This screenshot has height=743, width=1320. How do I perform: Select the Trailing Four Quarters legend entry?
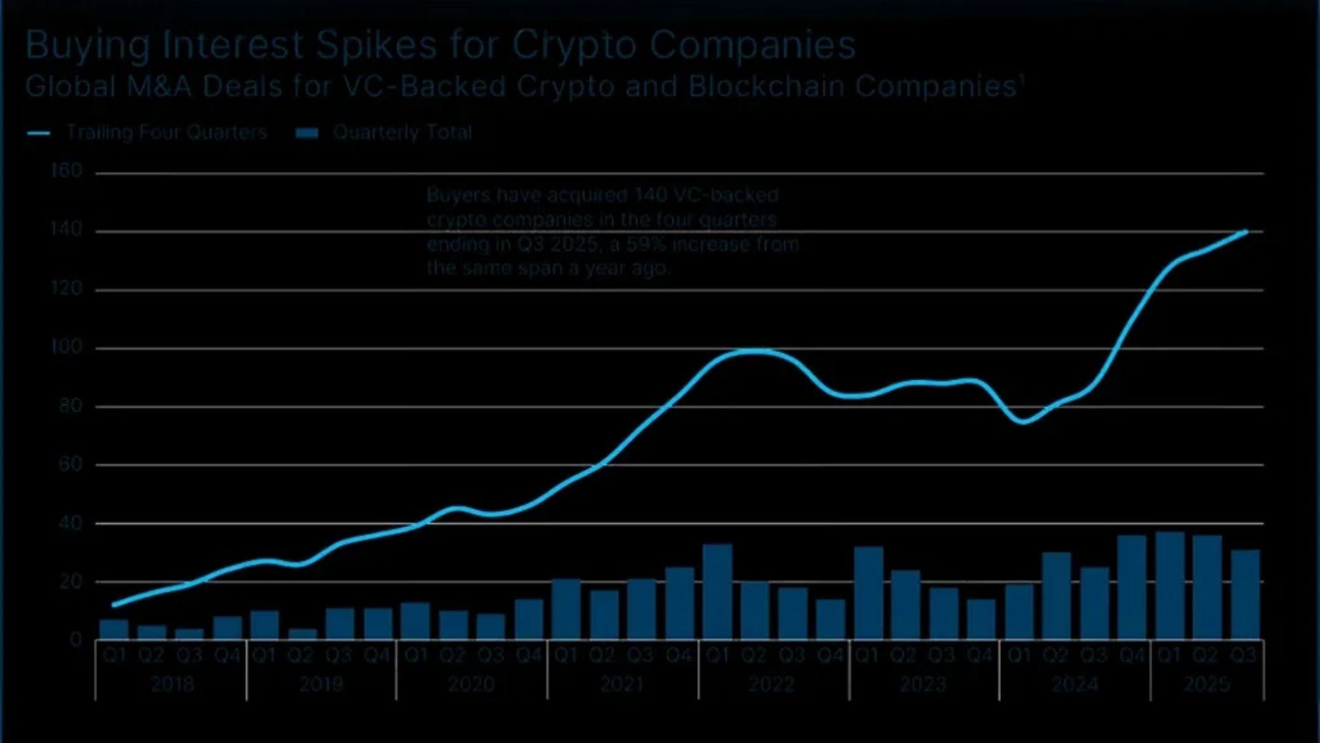coord(166,132)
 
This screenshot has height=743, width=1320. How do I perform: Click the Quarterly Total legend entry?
coord(401,132)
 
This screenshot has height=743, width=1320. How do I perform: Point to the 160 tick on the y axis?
coord(67,171)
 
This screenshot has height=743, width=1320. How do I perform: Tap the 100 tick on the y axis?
coord(67,347)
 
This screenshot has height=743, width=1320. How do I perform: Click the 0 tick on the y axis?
coord(76,640)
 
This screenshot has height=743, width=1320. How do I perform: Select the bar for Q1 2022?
coord(717,592)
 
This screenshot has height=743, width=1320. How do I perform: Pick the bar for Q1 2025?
coord(1169,586)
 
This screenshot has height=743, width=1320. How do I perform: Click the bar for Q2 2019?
coord(302,634)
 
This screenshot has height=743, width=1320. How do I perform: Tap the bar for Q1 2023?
coord(868,594)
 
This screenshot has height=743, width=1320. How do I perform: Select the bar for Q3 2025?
coord(1245,595)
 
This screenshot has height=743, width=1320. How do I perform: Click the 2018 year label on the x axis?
coord(172,684)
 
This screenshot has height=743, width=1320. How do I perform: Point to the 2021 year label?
coord(621,684)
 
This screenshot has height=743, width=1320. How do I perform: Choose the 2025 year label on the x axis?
coord(1207,684)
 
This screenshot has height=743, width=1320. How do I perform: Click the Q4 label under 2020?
coord(529,655)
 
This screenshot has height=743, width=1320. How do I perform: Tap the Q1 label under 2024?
coord(1020,655)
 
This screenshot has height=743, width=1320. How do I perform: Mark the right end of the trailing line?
coord(1246,232)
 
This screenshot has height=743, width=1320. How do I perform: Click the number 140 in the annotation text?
coord(650,195)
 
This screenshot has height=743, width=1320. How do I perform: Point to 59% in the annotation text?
coord(643,244)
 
